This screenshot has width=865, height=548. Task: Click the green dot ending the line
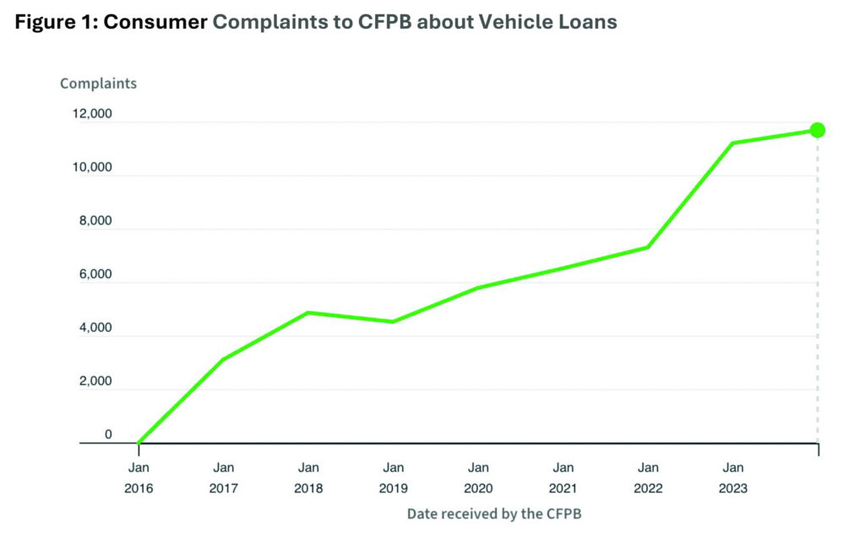[x=817, y=130]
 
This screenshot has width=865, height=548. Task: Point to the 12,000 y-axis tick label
[x=90, y=114]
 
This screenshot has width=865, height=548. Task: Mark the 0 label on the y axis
[x=107, y=435]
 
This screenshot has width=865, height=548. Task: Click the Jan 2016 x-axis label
[x=139, y=477]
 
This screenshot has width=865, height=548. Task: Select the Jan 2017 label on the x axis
[x=224, y=477]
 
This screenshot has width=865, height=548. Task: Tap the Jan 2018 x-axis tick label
[x=308, y=477]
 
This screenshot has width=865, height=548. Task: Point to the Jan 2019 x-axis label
[x=393, y=477]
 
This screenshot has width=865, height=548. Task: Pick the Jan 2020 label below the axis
[x=478, y=477]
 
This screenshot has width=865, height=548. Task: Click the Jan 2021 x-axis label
[x=563, y=477]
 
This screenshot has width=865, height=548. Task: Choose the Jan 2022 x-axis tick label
[x=647, y=477]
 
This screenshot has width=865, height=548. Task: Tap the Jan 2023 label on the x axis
[x=732, y=477]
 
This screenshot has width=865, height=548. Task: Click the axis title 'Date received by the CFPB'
[x=494, y=513]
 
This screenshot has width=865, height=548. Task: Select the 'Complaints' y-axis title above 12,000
[x=98, y=84]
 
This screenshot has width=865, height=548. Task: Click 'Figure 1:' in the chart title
[x=54, y=23]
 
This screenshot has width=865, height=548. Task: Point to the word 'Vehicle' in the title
[x=513, y=23]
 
